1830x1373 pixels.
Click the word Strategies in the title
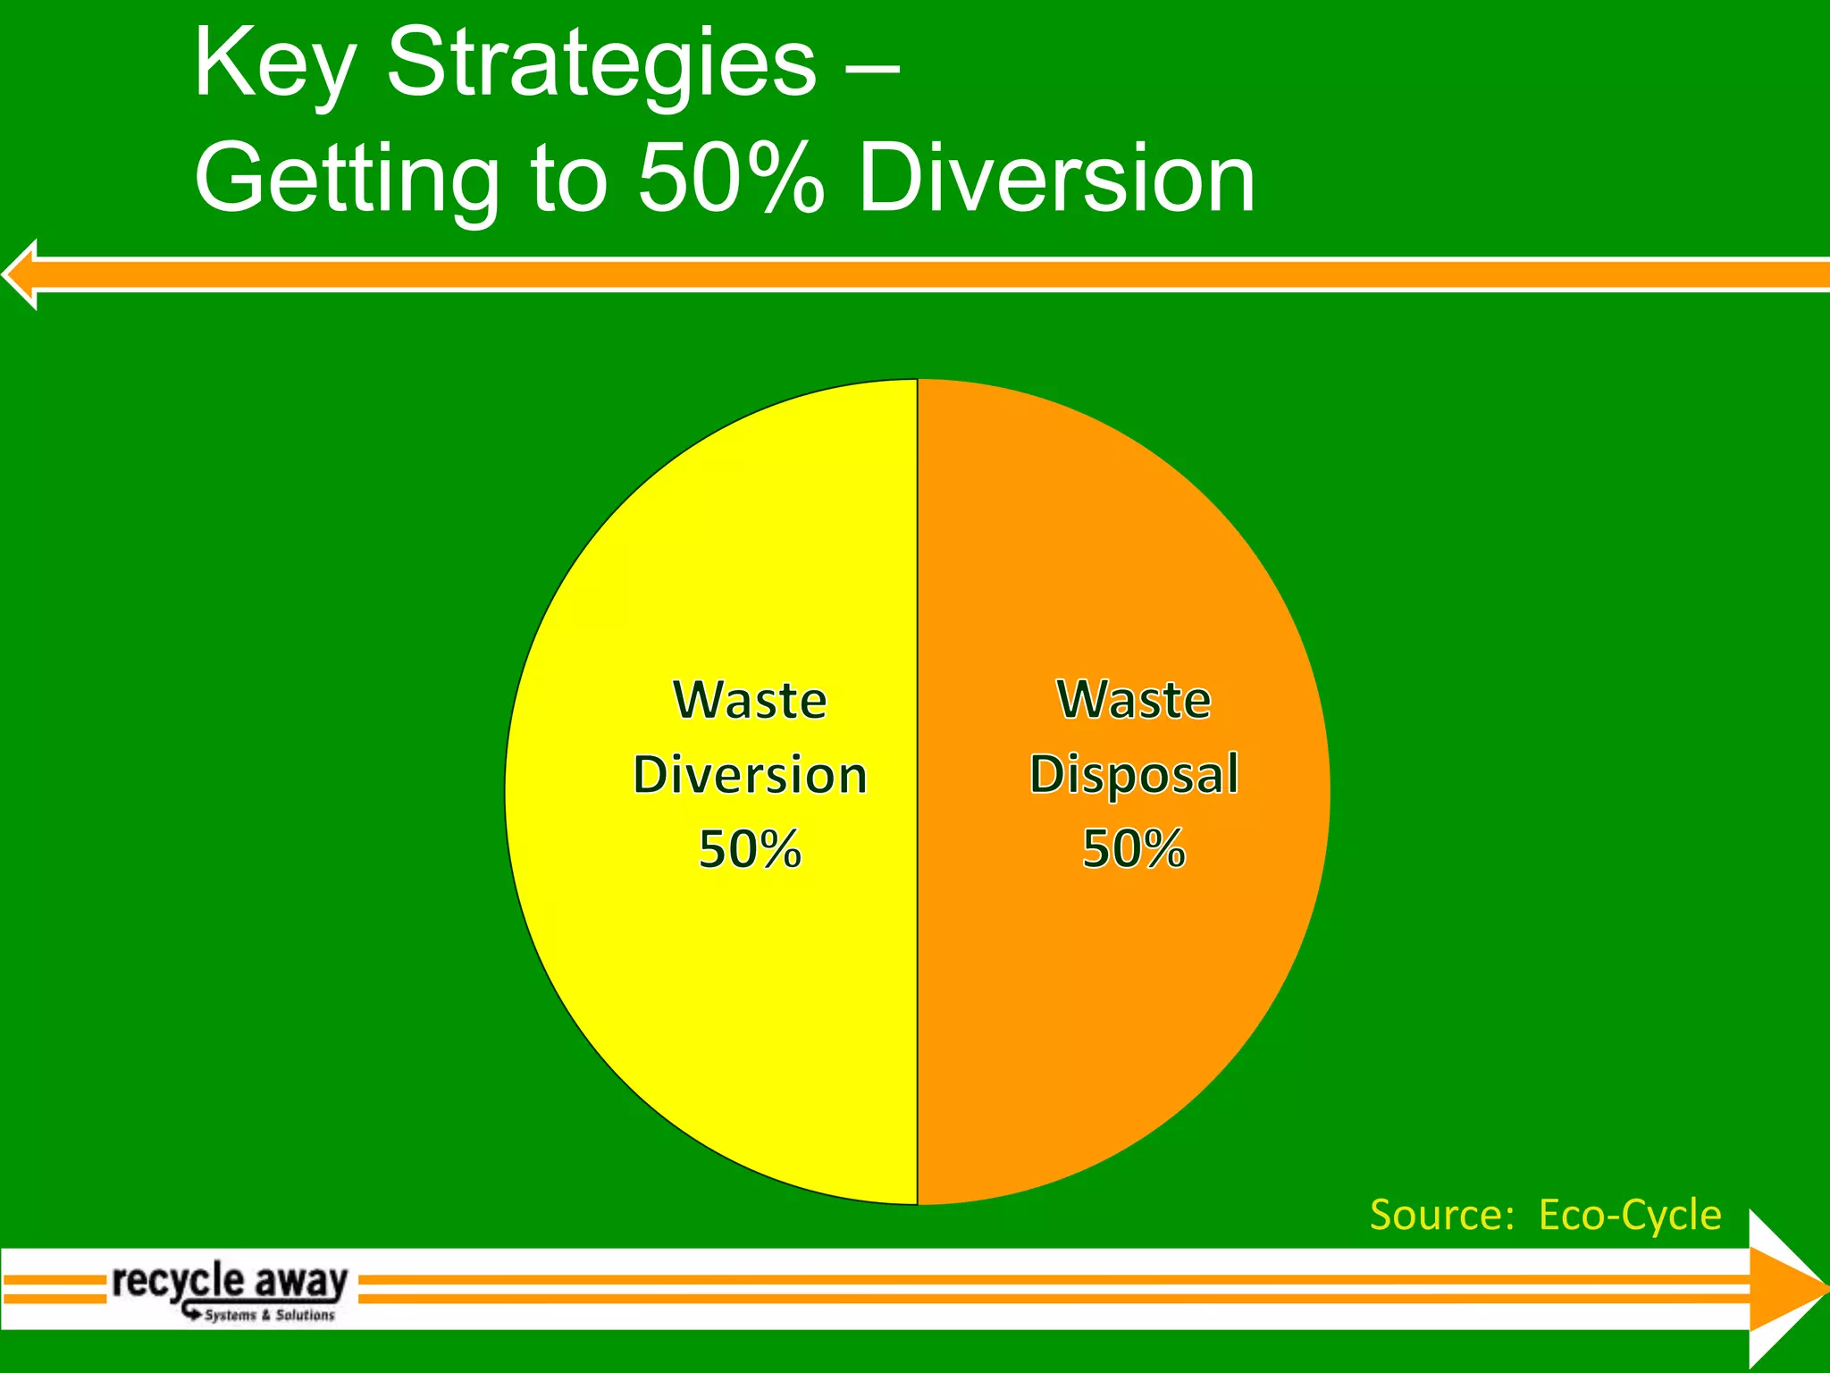600,64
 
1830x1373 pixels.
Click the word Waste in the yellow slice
750,700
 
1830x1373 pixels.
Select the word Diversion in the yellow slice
750,774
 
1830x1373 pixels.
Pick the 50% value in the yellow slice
750,849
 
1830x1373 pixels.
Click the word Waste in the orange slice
1134,700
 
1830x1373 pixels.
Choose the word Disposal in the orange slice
1134,774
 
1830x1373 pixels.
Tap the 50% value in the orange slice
1134,849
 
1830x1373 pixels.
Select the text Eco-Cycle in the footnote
1630,1215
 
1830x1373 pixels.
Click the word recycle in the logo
177,1281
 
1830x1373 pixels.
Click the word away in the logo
300,1281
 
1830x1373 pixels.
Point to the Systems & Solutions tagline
269,1315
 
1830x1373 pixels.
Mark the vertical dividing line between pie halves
918,983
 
